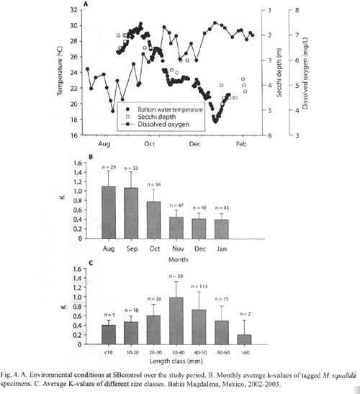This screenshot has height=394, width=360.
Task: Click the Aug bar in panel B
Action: pos(109,212)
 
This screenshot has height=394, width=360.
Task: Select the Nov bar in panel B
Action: pos(176,228)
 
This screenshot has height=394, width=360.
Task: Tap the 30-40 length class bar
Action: pos(176,321)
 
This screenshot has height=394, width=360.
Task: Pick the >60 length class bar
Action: pos(244,339)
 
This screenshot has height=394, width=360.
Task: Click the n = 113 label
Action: pos(199,287)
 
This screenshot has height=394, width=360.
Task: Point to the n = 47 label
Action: pos(177,205)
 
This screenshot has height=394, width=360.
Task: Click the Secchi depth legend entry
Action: pos(157,117)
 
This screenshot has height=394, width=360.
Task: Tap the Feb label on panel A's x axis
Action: pos(241,144)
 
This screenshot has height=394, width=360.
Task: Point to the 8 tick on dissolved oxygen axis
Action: pos(297,11)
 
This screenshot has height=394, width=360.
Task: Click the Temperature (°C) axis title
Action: pos(60,71)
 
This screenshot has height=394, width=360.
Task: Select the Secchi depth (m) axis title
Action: pos(279,72)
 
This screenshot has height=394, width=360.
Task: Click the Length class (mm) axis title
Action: pos(176,362)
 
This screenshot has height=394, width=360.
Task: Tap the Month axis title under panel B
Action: pos(178,259)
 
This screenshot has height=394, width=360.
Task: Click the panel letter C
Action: pos(91,263)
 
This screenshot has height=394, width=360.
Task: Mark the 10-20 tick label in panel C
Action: pos(132,352)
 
